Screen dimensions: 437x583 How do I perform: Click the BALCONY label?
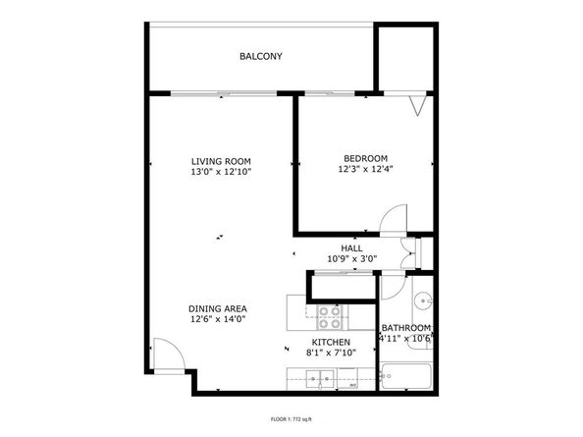tap(260, 56)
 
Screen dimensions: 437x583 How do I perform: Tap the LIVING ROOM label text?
tap(221, 161)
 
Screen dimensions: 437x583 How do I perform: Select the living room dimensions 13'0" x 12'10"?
tap(221, 172)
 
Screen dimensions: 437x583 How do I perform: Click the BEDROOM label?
tap(365, 158)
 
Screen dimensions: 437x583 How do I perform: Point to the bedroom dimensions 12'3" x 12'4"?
tap(365, 169)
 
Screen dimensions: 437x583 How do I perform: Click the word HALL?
tap(351, 248)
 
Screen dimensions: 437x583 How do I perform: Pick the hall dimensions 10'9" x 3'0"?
tap(351, 259)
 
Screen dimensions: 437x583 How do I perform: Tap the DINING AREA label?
tap(218, 307)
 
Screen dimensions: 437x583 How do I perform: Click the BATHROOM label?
tap(405, 328)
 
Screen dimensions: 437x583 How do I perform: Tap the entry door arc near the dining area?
tap(164, 352)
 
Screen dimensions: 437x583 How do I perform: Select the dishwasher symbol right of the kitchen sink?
tap(350, 377)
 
